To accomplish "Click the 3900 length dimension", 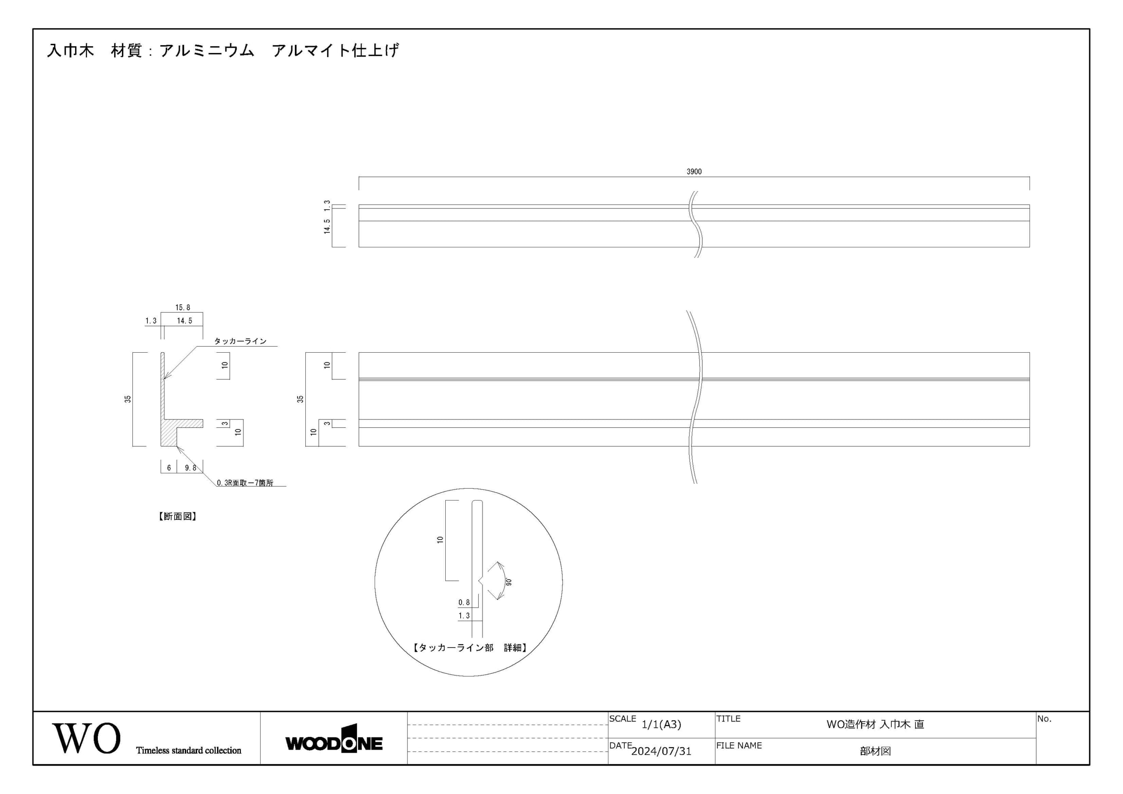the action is pos(694,172).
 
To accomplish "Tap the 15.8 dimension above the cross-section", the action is pos(182,308).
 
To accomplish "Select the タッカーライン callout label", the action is pos(240,341).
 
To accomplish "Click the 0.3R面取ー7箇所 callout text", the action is pos(245,483).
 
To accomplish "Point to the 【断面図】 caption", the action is pos(177,516).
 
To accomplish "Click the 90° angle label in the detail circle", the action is pos(509,582).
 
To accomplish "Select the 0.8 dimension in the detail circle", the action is pos(464,602).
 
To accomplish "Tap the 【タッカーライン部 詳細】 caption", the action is pos(469,648).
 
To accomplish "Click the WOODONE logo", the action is pos(334,739).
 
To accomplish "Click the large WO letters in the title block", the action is pos(86,738).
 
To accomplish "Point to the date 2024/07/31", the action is pos(661,751).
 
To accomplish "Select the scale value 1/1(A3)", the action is pos(661,725).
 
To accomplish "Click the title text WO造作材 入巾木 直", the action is pos(875,725).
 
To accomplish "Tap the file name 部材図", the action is pos(875,751).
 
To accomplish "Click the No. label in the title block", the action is pos(1044,719).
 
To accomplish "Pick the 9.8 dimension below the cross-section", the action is pos(190,468).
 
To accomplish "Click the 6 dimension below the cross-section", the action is pos(169,468).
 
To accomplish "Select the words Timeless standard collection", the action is pos(189,751).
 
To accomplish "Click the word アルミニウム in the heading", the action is pos(207,50).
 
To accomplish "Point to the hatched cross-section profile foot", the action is pos(169,433).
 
